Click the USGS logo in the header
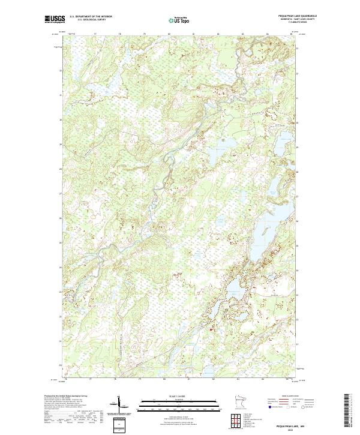coord(55,19)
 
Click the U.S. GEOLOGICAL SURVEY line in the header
coord(91,20)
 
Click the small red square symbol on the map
coord(209,328)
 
